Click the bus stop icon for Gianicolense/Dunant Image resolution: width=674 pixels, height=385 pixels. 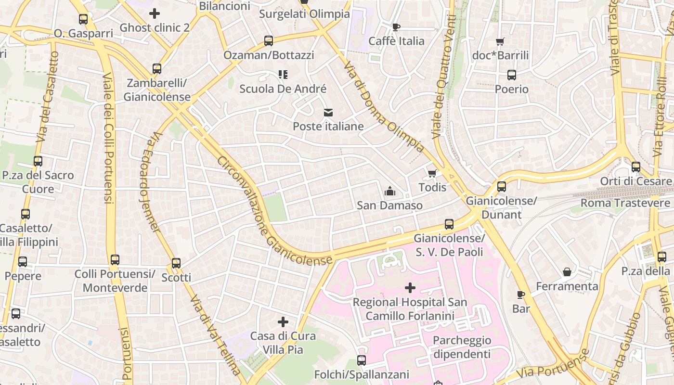(502, 187)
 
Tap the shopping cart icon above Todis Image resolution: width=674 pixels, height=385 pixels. (432, 173)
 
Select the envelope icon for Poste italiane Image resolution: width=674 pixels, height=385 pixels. (328, 113)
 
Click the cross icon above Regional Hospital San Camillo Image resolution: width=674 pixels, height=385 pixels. (410, 288)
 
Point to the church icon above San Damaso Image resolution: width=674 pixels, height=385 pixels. (390, 192)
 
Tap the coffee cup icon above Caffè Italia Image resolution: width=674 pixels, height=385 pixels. (396, 27)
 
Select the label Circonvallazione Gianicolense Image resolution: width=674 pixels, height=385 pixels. (274, 212)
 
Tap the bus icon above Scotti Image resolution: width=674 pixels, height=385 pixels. (176, 263)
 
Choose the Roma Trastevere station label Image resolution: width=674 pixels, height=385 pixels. (625, 203)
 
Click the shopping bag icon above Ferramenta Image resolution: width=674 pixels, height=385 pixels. (567, 272)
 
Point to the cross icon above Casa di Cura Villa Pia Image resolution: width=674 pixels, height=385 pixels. (283, 321)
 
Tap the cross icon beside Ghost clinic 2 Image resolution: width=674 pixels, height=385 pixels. (155, 13)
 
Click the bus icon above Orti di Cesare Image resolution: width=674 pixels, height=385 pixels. (636, 167)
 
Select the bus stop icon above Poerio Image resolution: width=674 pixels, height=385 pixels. (512, 75)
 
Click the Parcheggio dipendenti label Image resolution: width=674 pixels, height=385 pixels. (462, 347)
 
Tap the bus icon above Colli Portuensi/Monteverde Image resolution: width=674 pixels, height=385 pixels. (115, 260)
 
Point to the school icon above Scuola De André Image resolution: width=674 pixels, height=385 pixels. (283, 75)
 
